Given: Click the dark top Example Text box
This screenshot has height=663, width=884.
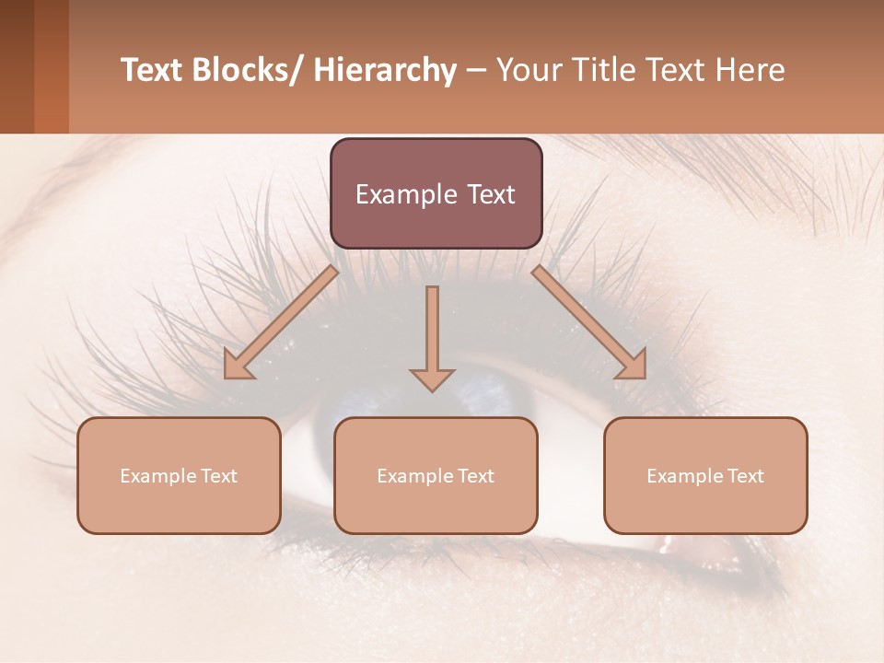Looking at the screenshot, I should (436, 193).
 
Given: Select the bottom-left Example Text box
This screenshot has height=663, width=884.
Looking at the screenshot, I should (179, 475).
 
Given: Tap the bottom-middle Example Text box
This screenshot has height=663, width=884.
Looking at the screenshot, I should (436, 475).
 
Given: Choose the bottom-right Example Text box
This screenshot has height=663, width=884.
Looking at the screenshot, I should (705, 475).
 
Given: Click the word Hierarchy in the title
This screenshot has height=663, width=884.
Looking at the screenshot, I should (385, 70).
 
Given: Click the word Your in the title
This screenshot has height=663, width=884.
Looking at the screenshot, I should (526, 70).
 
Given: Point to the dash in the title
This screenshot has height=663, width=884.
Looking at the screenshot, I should (476, 71).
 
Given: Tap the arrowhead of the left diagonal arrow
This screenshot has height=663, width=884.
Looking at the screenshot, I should (237, 367).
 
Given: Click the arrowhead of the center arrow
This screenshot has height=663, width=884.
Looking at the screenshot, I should (432, 380).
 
